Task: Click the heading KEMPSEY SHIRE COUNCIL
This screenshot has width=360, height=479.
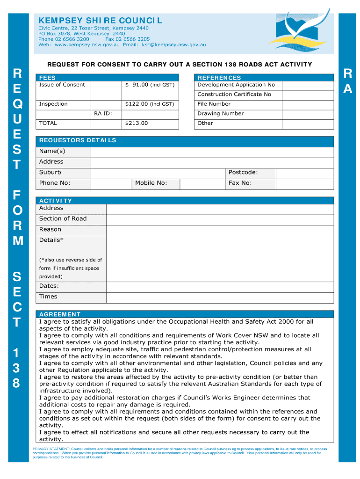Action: click(100, 21)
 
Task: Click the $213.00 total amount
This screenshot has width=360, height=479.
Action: click(137, 123)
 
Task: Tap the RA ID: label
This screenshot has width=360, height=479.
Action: click(103, 113)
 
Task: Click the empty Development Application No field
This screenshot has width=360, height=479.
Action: click(308, 85)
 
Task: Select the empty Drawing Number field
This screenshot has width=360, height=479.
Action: click(308, 114)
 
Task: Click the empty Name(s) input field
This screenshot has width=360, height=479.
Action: click(212, 152)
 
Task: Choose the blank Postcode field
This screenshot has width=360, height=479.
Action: click(304, 173)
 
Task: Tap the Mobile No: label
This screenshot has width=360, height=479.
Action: click(151, 183)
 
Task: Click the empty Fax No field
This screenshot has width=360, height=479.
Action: click(304, 183)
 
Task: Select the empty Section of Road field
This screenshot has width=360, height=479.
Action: click(220, 219)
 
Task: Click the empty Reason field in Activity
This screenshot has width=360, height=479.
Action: click(220, 230)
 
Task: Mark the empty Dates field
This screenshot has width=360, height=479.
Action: click(220, 286)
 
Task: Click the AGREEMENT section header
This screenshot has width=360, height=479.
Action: click(60, 314)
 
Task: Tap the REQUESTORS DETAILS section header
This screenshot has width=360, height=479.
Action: click(78, 140)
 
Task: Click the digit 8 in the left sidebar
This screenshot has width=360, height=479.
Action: click(16, 383)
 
